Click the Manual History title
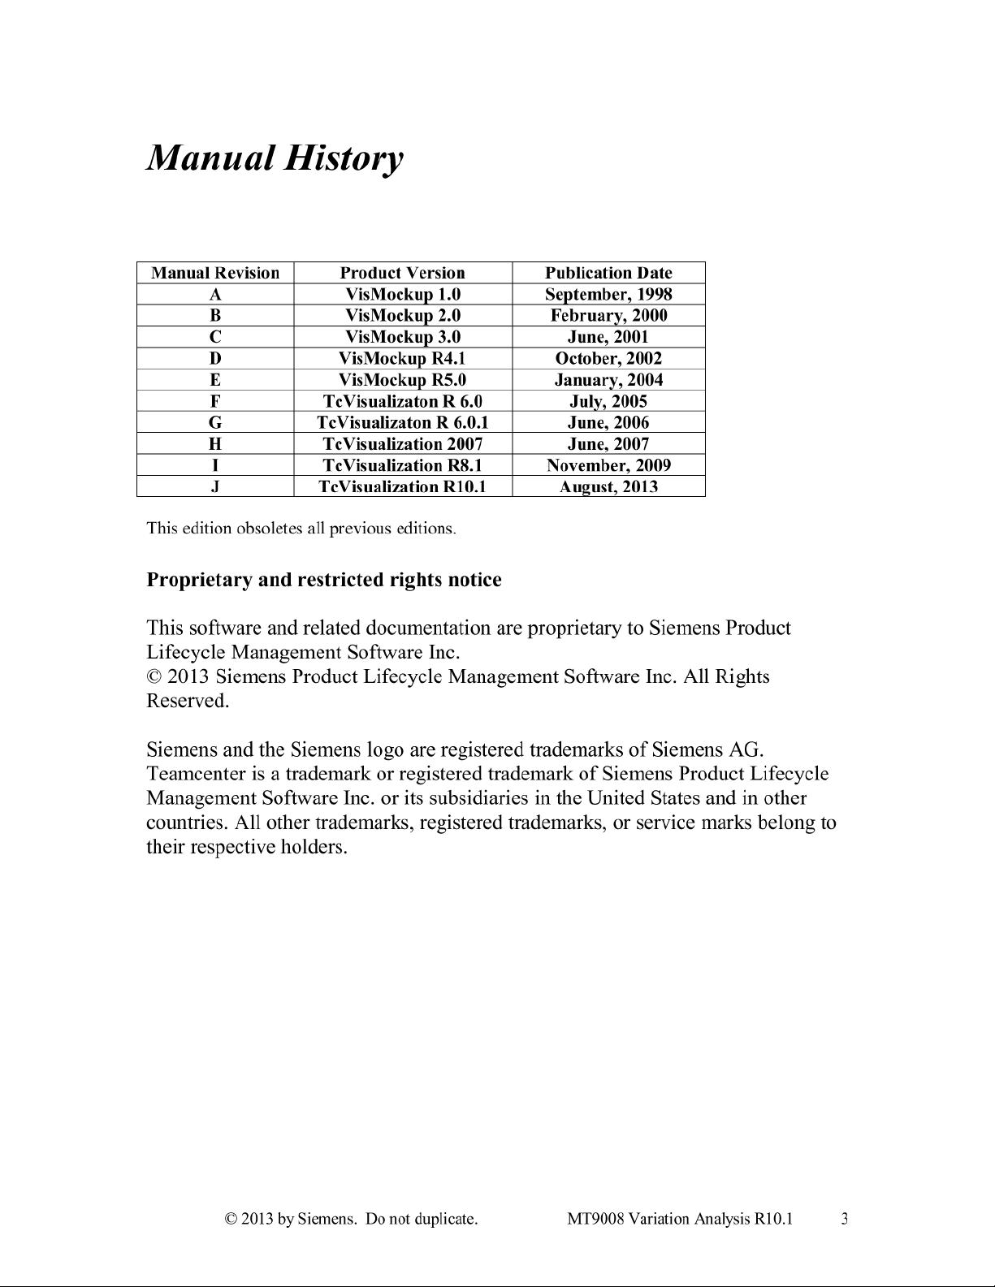point(274,158)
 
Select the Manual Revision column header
point(215,273)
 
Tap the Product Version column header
point(402,273)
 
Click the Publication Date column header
point(608,273)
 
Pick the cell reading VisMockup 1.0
point(402,294)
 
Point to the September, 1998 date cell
point(608,294)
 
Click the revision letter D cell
point(215,358)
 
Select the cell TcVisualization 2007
point(402,443)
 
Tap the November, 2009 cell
point(608,465)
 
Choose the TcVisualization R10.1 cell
point(402,486)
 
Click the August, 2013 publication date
point(608,486)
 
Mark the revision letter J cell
point(215,486)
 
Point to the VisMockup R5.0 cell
point(402,379)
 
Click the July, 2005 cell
point(608,401)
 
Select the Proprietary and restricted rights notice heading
point(323,580)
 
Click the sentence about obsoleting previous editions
point(301,529)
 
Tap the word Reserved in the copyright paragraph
point(187,701)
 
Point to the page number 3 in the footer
point(845,1218)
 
